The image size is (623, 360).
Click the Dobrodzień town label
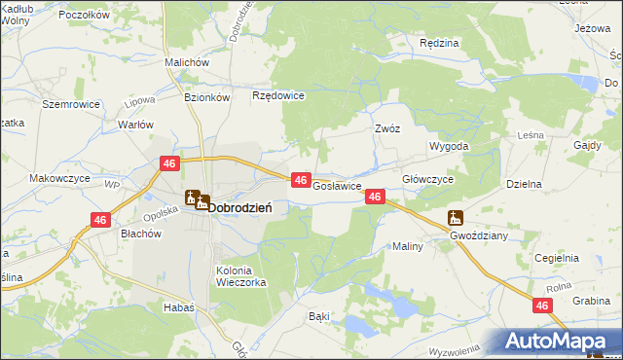point(240,206)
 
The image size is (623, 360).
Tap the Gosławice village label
point(338,185)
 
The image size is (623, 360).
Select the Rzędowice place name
point(279,95)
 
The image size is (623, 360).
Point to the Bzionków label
point(206,97)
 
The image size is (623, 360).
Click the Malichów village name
point(188,62)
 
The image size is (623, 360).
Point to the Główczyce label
point(428,180)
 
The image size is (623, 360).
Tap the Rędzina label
point(438,44)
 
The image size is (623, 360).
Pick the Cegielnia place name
point(557,258)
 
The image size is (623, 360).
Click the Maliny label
point(408,246)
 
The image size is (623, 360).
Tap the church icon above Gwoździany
point(455,218)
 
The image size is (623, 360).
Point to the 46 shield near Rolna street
point(542,306)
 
